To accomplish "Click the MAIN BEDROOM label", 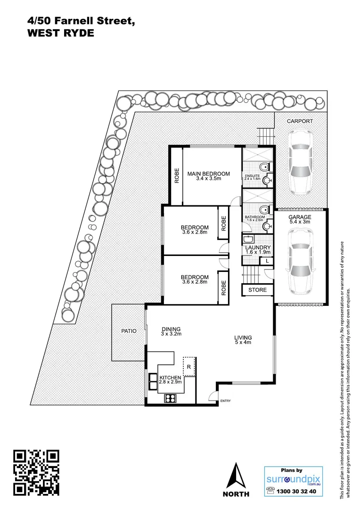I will coord(208,174).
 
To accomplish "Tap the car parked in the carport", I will coord(301,163).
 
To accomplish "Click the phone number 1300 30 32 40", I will coord(298,491).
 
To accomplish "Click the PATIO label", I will coord(127,331).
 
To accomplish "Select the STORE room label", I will coord(257,290).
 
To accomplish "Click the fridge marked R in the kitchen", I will coord(189,366).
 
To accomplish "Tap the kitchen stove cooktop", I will coord(170,398).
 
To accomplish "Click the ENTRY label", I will coord(225,402).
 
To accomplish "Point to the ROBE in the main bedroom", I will coord(177,176).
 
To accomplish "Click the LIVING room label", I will coord(243,337).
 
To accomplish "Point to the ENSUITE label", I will coord(252,176).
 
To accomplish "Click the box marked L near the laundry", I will coord(267,261).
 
